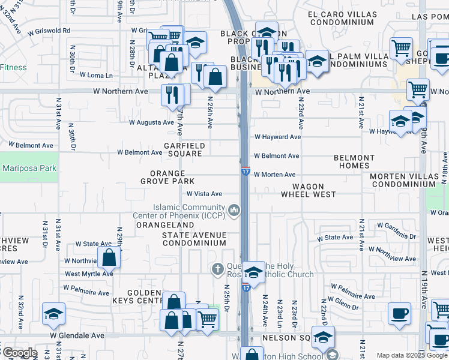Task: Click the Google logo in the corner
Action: (x=19, y=353)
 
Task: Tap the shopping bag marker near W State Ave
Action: (x=109, y=258)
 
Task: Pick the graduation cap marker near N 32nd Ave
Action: (x=53, y=313)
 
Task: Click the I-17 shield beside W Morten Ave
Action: (x=246, y=172)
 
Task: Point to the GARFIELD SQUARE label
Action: (x=185, y=149)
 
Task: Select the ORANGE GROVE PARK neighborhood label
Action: (x=167, y=177)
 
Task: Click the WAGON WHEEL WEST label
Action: (x=308, y=190)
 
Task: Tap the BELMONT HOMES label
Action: (x=354, y=161)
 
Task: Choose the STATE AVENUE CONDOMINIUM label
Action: (x=194, y=239)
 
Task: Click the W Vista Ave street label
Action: (x=204, y=194)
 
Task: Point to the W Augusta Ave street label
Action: (x=151, y=122)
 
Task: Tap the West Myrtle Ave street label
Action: (x=89, y=274)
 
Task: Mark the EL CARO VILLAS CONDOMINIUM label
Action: (x=340, y=18)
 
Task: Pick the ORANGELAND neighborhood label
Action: (x=157, y=225)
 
